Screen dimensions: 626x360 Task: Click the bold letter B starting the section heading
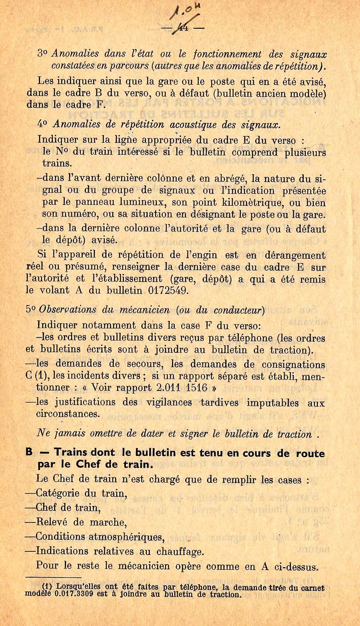coord(29,452)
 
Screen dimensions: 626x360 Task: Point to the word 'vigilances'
coord(169,402)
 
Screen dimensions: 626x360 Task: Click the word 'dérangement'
coord(295,255)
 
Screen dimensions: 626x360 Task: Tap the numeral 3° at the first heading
coord(43,54)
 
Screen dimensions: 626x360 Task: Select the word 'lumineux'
coord(142,203)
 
